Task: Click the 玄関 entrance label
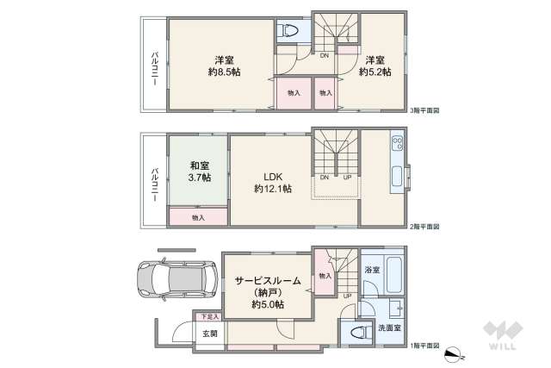pos(210,334)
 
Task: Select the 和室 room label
pos(199,165)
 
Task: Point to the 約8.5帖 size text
pos(224,72)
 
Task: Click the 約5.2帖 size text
pos(375,72)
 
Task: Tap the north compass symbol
pos(455,353)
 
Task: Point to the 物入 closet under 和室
pos(199,218)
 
